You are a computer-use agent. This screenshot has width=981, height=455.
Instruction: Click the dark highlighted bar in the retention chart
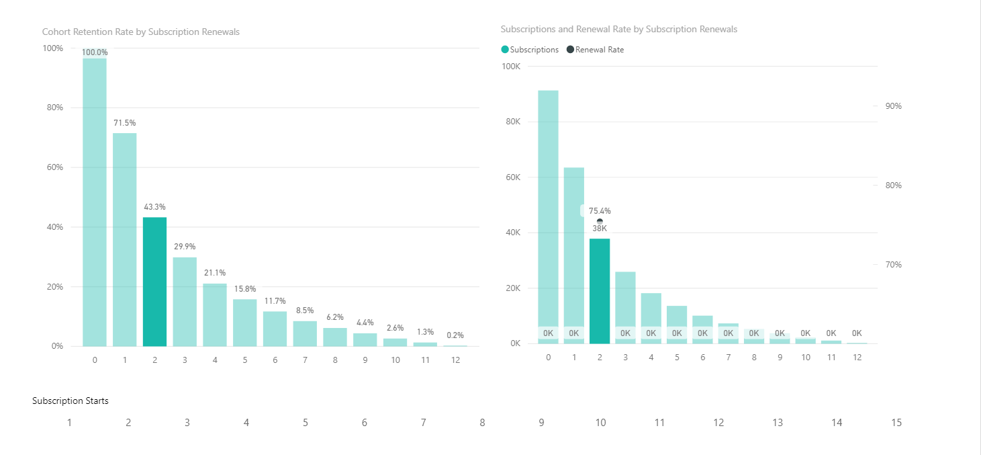coord(154,282)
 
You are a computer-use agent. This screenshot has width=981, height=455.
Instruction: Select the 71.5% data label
coord(125,123)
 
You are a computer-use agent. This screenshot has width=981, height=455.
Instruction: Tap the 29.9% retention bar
coord(185,302)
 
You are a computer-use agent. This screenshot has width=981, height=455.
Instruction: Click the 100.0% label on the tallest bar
coord(95,52)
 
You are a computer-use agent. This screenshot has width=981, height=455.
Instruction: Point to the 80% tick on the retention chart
coord(55,108)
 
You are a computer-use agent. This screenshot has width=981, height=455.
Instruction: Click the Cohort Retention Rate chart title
coord(140,32)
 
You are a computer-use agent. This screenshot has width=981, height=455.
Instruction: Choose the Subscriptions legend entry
coord(530,50)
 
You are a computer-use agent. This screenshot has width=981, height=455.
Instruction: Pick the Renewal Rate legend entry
coord(595,50)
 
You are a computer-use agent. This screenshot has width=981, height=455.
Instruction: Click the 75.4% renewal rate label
coord(600,211)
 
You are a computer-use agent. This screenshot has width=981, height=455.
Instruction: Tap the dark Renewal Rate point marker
coord(600,222)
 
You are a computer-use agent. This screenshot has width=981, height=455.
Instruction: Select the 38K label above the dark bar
coord(600,229)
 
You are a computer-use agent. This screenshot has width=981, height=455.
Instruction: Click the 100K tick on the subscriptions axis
coord(511,66)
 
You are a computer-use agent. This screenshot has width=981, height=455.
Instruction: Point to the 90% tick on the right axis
coord(894,106)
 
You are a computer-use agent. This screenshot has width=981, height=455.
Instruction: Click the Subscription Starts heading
coord(70,401)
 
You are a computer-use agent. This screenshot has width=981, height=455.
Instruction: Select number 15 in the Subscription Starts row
coord(896,423)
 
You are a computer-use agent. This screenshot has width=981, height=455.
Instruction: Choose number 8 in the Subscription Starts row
coord(482,423)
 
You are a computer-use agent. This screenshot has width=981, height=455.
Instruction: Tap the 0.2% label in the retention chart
coord(455,335)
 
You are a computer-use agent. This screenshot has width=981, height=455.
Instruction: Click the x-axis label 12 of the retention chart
coord(455,360)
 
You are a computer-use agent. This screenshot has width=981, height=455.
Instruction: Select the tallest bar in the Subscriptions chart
coord(549,217)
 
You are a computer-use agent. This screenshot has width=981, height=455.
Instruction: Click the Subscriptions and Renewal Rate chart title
coord(619,29)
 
